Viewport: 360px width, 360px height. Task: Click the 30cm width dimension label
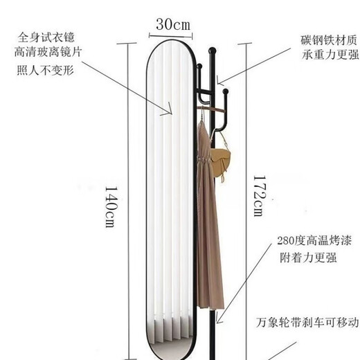tap(173, 24)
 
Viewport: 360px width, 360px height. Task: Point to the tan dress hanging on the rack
tap(209, 215)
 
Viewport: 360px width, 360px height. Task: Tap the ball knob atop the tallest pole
tap(212, 51)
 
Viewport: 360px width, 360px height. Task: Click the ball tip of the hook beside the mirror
tap(199, 66)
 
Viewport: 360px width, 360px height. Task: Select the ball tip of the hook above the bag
tap(226, 91)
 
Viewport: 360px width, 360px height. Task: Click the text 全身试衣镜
tap(46, 37)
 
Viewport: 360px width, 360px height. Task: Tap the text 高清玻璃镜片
tap(48, 52)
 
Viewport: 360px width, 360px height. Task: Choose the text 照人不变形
tap(45, 70)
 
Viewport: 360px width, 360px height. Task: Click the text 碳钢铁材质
tap(329, 40)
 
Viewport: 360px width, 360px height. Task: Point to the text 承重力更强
tap(330, 55)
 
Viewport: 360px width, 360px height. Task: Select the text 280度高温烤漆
tap(314, 241)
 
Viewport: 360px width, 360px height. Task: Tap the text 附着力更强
tap(308, 258)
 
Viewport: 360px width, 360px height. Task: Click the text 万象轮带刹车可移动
tap(307, 322)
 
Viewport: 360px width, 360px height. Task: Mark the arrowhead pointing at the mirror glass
tap(168, 109)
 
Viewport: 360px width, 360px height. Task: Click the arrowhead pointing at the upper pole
tap(220, 80)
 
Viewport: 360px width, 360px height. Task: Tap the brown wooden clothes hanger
tap(211, 109)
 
